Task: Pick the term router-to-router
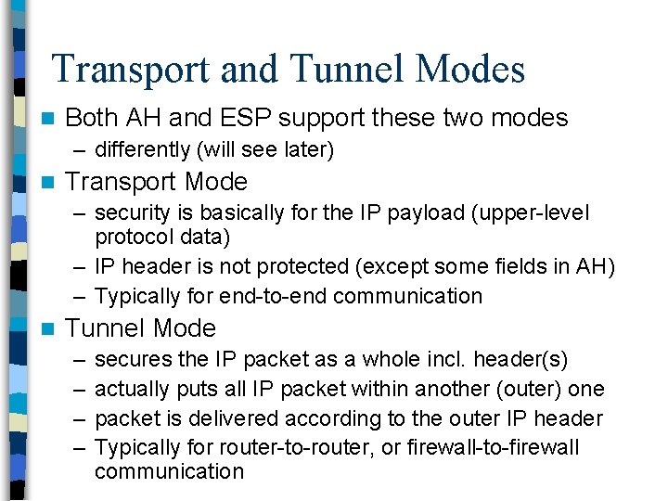[282, 447]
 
